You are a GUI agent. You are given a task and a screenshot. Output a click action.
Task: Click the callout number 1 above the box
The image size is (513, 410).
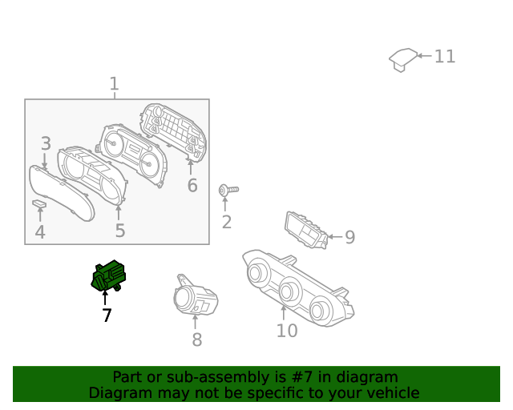[x=114, y=84]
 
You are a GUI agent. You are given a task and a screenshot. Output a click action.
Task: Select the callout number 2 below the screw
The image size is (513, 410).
[x=227, y=222]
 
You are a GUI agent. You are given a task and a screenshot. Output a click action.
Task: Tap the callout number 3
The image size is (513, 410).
[x=46, y=144]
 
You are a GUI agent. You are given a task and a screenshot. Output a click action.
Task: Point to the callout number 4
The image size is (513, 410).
[x=40, y=233]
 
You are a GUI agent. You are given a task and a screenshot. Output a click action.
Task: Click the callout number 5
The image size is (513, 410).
[x=119, y=231]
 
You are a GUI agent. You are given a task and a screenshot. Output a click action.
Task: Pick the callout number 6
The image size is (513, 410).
[x=192, y=186]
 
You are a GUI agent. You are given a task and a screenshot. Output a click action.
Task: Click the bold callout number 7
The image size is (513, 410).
[x=107, y=316]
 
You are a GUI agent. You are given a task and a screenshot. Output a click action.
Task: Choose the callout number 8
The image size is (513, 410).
[x=197, y=340]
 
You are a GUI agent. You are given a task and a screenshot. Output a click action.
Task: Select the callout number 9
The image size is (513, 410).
[x=349, y=237]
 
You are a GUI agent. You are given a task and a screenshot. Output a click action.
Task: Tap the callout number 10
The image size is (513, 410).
[x=286, y=331]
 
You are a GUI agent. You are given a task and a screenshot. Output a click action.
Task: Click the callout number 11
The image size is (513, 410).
[x=445, y=56]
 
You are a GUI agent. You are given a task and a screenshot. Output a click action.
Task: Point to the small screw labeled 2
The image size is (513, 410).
[x=227, y=190]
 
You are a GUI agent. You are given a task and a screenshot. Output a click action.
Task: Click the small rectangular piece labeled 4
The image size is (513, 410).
[x=39, y=204]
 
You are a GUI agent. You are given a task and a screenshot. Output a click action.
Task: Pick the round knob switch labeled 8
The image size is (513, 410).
[x=192, y=297]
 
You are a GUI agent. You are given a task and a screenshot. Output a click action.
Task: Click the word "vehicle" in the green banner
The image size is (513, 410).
[x=390, y=393]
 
